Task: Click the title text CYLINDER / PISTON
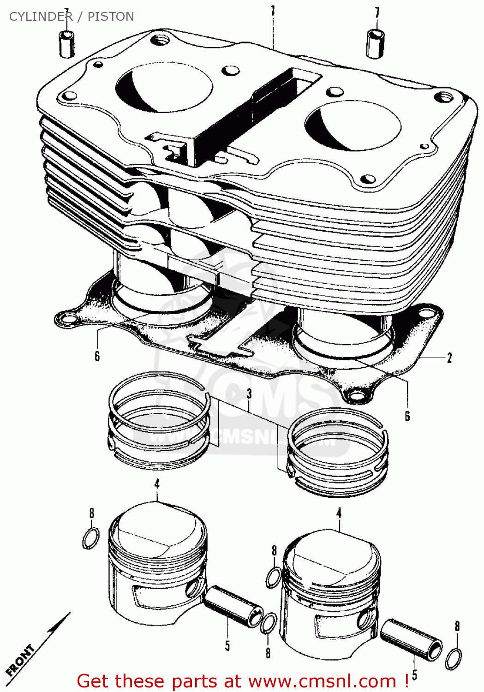[x=72, y=17]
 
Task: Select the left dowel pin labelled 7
[x=67, y=44]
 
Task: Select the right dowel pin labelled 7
[x=375, y=43]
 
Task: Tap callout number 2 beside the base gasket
[x=449, y=358]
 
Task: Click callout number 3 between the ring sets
[x=249, y=394]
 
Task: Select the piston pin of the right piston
[x=411, y=641]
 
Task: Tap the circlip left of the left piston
[x=90, y=538]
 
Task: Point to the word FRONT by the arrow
[x=21, y=660]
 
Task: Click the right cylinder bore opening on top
[x=353, y=125]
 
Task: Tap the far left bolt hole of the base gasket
[x=67, y=318]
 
